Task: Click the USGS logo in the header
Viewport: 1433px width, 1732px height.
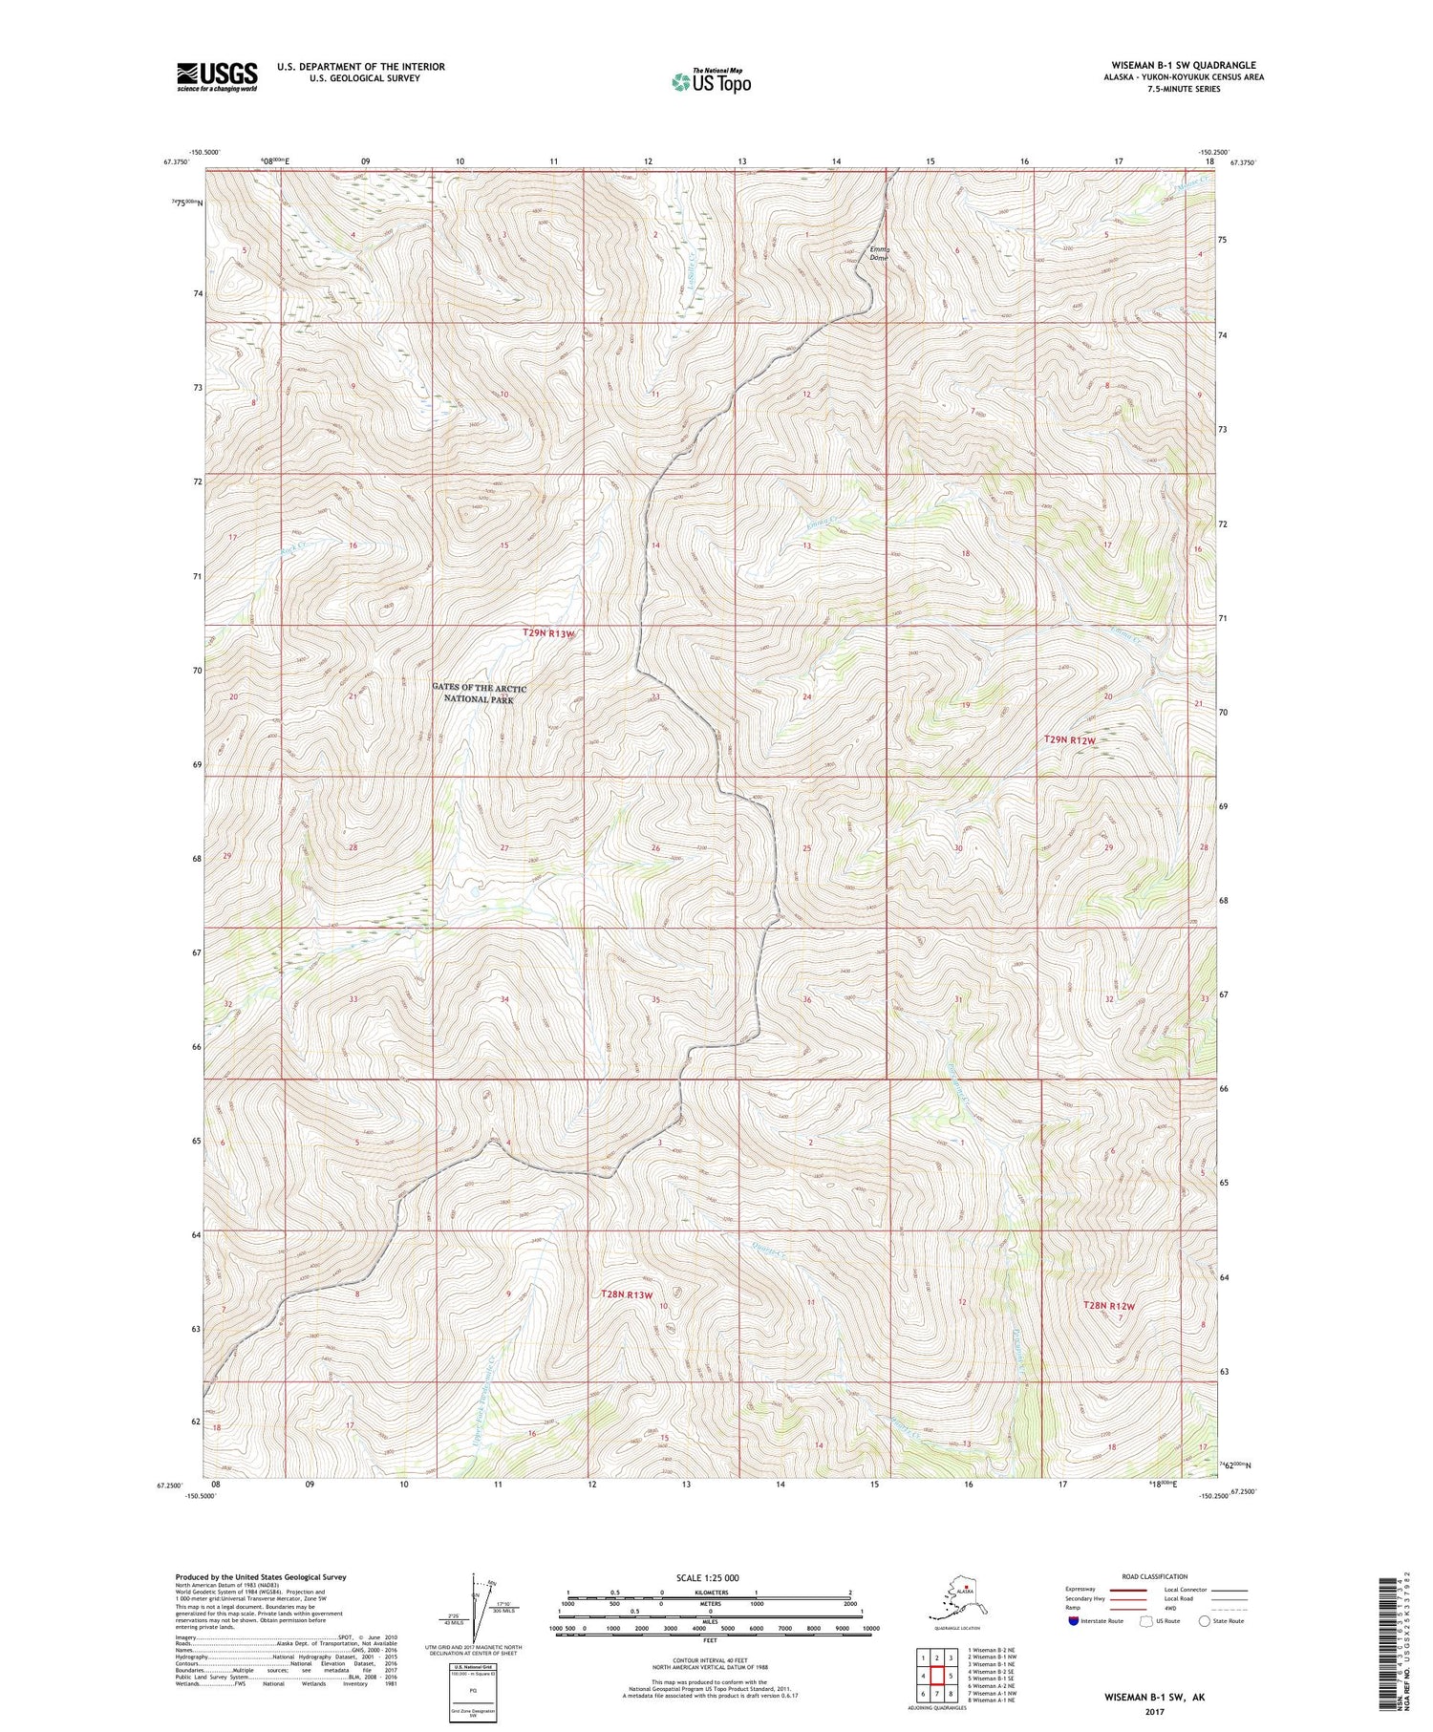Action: pos(217,76)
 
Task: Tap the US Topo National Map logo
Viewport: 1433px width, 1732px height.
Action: pos(711,80)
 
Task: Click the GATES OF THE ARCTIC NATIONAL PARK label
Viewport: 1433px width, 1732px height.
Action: pos(479,694)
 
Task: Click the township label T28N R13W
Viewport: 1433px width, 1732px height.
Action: pos(628,1294)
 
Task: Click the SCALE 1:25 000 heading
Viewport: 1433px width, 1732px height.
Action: pos(708,1577)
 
